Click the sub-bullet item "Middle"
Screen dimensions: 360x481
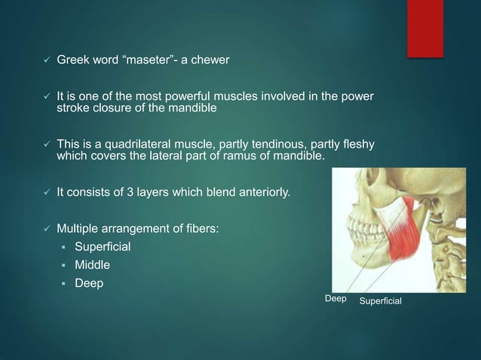(93, 265)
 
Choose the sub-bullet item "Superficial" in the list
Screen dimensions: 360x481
(102, 246)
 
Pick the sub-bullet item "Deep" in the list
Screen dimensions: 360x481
(89, 284)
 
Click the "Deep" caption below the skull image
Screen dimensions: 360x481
(335, 299)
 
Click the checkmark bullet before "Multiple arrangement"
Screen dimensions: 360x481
(47, 228)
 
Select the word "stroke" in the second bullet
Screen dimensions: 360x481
(73, 108)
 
